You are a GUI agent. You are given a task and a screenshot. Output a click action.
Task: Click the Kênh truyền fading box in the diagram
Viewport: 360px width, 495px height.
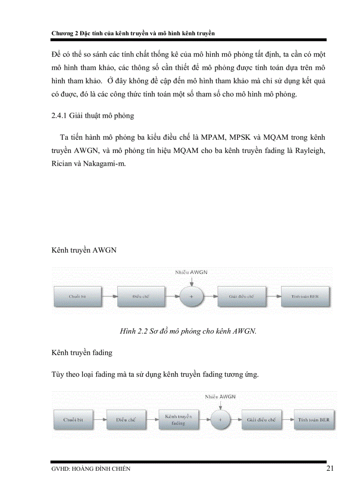(x=178, y=420)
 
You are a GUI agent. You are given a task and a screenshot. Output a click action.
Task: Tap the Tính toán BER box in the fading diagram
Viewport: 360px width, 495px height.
(x=313, y=420)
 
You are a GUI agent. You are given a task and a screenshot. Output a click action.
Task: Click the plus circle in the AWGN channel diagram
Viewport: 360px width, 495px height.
(x=191, y=296)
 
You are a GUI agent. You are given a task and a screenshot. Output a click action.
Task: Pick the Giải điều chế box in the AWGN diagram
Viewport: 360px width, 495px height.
(x=242, y=296)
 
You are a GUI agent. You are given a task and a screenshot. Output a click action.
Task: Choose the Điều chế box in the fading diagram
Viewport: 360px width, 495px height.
(x=126, y=420)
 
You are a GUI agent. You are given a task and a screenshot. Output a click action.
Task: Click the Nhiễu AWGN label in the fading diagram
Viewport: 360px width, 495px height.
(x=220, y=396)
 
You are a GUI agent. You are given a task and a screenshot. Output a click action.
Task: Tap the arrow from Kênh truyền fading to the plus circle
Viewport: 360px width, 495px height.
(x=204, y=420)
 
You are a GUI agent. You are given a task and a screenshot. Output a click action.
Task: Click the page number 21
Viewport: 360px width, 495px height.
(x=330, y=468)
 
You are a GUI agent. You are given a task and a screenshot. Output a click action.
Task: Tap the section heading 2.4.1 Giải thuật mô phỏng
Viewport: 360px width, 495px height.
(x=93, y=116)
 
